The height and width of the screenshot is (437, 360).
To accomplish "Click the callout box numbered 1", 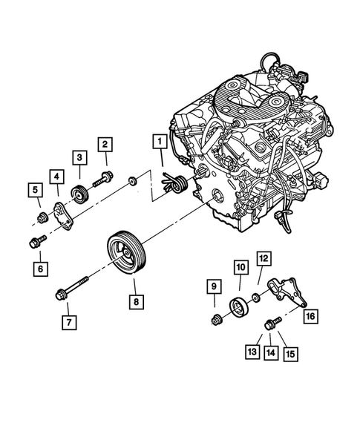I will (159, 139).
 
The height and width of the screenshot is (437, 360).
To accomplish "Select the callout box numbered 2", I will (105, 144).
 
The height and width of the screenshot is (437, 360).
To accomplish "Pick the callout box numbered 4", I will (56, 176).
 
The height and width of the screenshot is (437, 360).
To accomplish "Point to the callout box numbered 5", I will (34, 191).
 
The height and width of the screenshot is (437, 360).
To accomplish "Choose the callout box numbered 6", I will (38, 267).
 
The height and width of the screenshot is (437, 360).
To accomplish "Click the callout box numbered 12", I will (264, 258).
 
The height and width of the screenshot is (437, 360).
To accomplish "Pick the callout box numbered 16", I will (310, 316).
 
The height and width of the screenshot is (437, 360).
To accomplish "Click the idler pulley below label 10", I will (240, 304).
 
